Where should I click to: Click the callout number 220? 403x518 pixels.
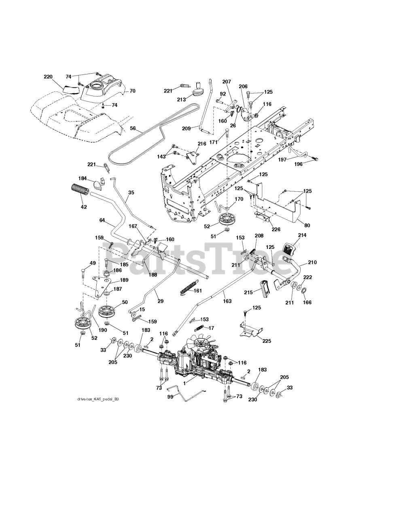tap(48, 77)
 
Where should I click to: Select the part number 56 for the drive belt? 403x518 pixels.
tap(133, 129)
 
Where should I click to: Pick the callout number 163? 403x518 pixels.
tap(227, 301)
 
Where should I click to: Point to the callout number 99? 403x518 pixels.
tap(170, 397)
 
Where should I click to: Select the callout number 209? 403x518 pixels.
tap(187, 129)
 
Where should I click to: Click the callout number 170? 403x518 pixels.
tap(239, 199)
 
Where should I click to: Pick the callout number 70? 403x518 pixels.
tap(132, 91)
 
